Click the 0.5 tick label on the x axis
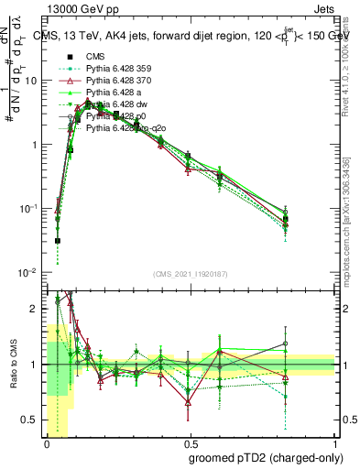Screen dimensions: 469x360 coord(191,444)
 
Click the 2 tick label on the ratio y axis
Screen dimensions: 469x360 coord(36,309)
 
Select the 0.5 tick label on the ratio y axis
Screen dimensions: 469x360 coord(32,420)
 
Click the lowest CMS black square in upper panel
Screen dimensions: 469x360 coord(57,241)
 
